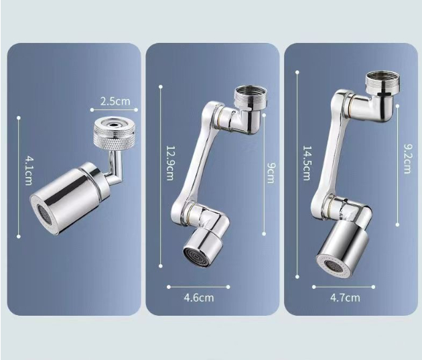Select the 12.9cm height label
pos(169,164)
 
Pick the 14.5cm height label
pos(307,164)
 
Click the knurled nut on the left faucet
pos(107,132)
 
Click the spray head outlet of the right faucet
pos(333,263)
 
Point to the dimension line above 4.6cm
pos(198,287)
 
